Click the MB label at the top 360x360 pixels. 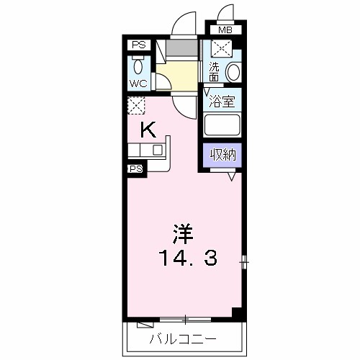click(225, 30)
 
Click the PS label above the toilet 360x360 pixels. click(138, 45)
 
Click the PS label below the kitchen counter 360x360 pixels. click(135, 169)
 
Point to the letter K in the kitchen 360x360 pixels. click(148, 130)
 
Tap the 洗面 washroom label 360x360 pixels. click(214, 71)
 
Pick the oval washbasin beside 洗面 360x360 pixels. click(233, 73)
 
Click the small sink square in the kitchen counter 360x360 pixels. click(157, 150)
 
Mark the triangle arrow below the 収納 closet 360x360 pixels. click(233, 176)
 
